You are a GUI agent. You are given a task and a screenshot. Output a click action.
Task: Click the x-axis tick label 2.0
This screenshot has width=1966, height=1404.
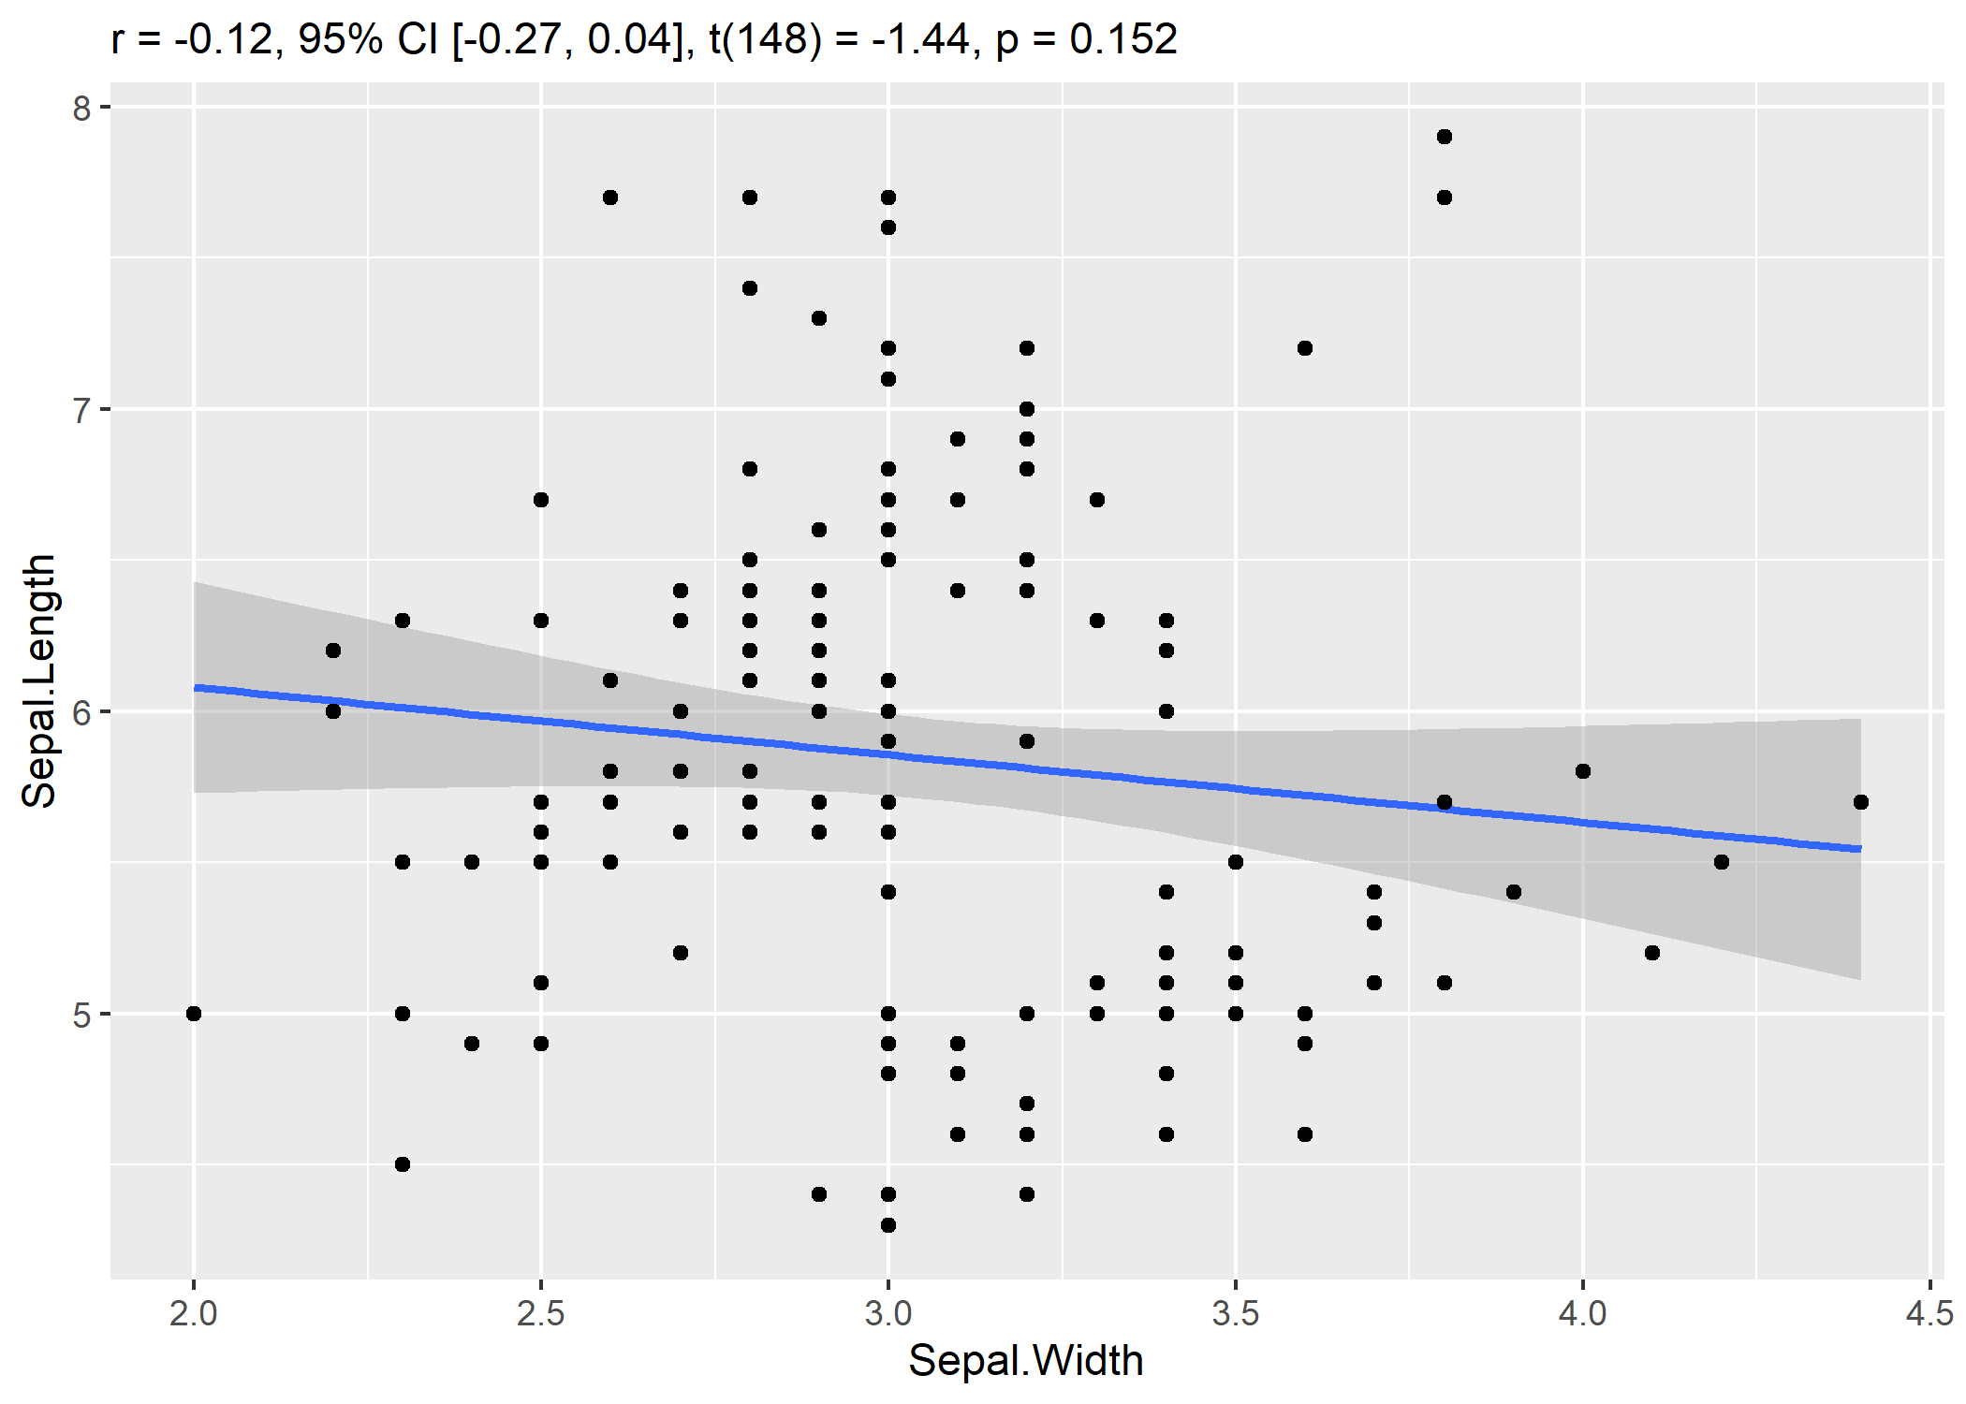click(193, 1313)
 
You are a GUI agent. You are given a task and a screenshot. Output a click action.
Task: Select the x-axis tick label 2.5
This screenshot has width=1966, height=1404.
click(540, 1313)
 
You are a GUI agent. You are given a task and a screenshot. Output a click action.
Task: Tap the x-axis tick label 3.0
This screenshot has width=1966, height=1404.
click(888, 1313)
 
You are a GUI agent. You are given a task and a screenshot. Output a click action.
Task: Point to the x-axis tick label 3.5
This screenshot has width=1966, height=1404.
click(1235, 1313)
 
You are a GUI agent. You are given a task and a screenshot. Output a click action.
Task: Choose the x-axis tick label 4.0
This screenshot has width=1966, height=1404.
click(1582, 1313)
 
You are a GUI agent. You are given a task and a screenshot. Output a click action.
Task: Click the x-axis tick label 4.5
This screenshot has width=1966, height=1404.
click(1929, 1313)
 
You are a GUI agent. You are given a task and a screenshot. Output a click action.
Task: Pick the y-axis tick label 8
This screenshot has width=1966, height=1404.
click(82, 108)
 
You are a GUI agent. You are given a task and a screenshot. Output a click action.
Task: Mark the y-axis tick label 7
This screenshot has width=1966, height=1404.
click(82, 410)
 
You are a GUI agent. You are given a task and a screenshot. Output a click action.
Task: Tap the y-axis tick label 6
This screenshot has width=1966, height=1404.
click(82, 712)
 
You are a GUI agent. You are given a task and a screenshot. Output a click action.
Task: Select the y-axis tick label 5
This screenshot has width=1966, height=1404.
click(82, 1015)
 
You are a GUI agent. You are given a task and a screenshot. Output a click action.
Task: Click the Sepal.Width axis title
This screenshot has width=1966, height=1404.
click(1026, 1361)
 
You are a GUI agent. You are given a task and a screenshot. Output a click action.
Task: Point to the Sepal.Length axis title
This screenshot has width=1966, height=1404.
click(39, 680)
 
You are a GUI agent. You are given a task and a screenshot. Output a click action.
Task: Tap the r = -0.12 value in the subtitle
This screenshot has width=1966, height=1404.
click(192, 39)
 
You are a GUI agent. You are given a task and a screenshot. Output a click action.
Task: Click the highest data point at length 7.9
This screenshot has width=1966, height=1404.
click(1444, 137)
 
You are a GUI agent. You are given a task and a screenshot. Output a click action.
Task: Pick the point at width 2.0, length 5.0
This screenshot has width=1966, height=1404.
click(194, 1014)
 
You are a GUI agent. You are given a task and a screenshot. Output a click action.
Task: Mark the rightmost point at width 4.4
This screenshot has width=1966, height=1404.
click(1860, 802)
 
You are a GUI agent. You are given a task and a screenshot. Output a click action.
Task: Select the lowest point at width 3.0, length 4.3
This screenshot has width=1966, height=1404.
click(888, 1225)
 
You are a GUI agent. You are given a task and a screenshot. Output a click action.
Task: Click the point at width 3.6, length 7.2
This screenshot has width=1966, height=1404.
click(1305, 348)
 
